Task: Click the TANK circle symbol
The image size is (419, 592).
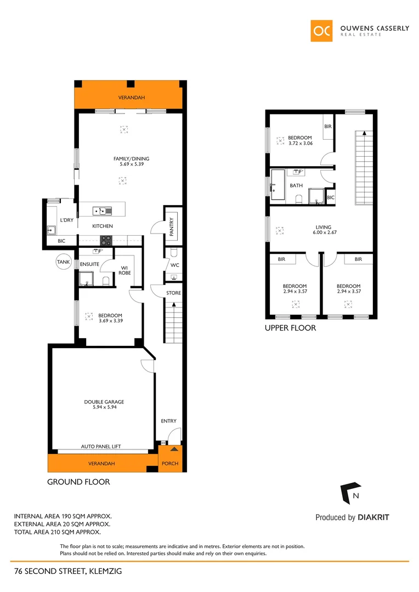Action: pyautogui.click(x=64, y=263)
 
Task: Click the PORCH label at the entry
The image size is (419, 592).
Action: pyautogui.click(x=169, y=463)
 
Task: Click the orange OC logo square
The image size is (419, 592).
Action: pyautogui.click(x=321, y=31)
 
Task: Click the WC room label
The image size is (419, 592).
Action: pyautogui.click(x=174, y=265)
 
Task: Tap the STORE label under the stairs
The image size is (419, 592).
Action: pyautogui.click(x=173, y=293)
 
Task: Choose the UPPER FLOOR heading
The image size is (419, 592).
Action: pyautogui.click(x=290, y=329)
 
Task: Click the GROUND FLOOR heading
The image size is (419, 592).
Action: pyautogui.click(x=78, y=482)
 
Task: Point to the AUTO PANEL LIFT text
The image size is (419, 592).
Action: pyautogui.click(x=100, y=447)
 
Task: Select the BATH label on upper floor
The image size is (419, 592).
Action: pyautogui.click(x=296, y=186)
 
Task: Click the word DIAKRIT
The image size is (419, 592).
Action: pyautogui.click(x=373, y=517)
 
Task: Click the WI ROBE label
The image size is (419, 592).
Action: pyautogui.click(x=125, y=270)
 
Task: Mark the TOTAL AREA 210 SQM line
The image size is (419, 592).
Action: pyautogui.click(x=57, y=532)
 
